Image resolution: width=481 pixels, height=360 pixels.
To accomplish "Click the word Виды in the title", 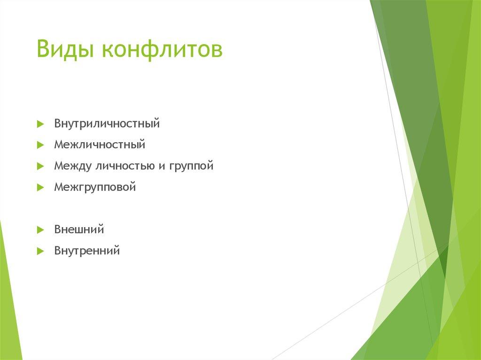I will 65,50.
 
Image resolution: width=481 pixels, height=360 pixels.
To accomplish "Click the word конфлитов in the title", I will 161,50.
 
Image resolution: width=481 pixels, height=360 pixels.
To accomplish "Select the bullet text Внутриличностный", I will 107,124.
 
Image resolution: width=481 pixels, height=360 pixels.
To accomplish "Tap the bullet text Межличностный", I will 100,145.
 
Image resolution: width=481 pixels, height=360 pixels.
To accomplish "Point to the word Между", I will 73,166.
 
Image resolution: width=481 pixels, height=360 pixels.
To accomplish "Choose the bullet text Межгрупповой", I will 95,187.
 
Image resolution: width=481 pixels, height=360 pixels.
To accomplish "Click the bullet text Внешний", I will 79,230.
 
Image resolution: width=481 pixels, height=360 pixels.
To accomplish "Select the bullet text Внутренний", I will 87,251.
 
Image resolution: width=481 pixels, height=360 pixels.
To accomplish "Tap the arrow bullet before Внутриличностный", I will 40,124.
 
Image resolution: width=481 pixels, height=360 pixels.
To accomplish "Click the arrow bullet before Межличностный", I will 40,145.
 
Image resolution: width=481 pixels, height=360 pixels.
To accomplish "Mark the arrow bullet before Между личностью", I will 40,166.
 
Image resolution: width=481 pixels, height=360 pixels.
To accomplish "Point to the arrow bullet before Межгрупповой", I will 40,188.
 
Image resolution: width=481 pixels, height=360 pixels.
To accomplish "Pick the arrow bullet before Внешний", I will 40,230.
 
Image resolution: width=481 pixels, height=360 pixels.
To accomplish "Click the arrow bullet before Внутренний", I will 40,251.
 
